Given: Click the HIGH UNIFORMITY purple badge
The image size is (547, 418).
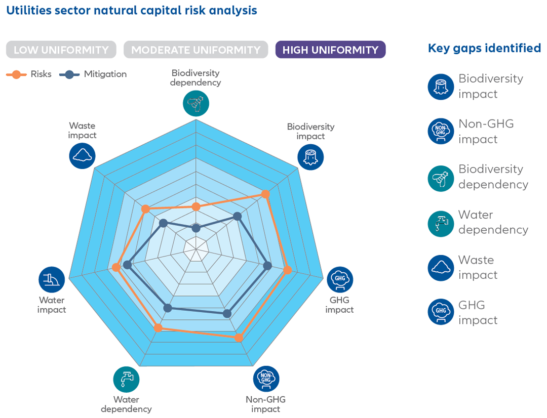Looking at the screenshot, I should pyautogui.click(x=330, y=50).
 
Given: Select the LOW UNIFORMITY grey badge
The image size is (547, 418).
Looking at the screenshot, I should pyautogui.click(x=61, y=50).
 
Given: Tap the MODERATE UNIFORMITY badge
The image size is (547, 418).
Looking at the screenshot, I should pyautogui.click(x=196, y=50).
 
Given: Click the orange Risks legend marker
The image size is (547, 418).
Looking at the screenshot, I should pyautogui.click(x=17, y=74).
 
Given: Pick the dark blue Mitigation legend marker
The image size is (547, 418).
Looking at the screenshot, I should pyautogui.click(x=70, y=74).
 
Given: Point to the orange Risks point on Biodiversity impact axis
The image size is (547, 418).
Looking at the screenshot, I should pyautogui.click(x=265, y=194).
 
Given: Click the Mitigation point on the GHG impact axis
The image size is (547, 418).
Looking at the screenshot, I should pyautogui.click(x=268, y=265).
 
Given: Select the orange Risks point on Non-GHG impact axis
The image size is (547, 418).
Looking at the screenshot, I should pyautogui.click(x=239, y=337).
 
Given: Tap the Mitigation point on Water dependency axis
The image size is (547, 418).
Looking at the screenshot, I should pyautogui.click(x=168, y=307).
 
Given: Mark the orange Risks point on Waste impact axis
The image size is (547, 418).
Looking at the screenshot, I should pyautogui.click(x=146, y=209).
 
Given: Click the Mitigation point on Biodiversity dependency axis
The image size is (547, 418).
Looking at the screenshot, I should pyautogui.click(x=196, y=228).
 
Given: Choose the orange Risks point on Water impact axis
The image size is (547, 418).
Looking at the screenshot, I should pyautogui.click(x=116, y=268).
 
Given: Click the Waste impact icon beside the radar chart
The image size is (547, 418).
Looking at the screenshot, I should pyautogui.click(x=82, y=155).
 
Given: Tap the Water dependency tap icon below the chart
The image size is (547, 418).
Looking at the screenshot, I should pyautogui.click(x=126, y=379).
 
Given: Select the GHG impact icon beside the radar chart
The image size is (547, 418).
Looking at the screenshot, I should pyautogui.click(x=340, y=279).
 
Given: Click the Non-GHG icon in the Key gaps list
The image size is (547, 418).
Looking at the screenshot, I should pyautogui.click(x=441, y=132).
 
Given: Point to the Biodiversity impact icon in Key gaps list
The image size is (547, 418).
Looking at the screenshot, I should pyautogui.click(x=441, y=87).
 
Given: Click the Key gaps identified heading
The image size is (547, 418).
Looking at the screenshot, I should pyautogui.click(x=484, y=48).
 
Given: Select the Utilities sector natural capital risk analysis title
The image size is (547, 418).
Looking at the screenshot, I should pyautogui.click(x=132, y=10).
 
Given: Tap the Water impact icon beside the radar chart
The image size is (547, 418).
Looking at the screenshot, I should pyautogui.click(x=52, y=279).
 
